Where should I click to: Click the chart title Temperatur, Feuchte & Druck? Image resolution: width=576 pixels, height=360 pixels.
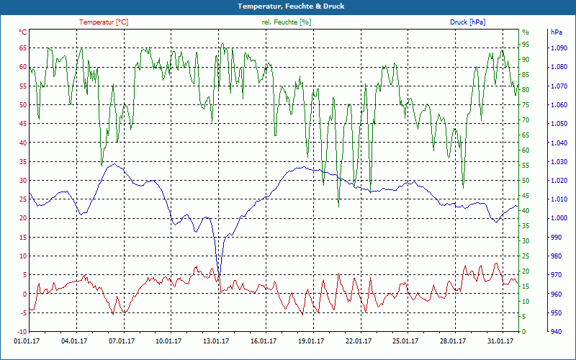point(287,6)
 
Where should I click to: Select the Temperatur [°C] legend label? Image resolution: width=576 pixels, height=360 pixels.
point(104,22)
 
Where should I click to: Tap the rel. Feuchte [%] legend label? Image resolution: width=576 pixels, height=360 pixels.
point(286,22)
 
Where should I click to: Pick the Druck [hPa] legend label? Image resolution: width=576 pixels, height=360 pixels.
point(467,22)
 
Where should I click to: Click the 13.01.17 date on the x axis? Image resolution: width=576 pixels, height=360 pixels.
point(217,342)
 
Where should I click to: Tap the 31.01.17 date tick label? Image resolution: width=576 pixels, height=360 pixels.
point(500,342)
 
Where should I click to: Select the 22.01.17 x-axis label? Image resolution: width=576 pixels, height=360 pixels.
point(359,342)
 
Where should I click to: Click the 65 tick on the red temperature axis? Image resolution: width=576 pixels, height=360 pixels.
point(23,48)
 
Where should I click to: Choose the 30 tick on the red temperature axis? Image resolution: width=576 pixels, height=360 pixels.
point(23,181)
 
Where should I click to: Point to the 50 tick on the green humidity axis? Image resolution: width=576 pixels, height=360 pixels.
point(526,181)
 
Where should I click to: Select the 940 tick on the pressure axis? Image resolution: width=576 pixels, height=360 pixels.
point(555,332)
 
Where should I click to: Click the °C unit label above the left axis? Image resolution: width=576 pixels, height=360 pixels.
point(23,32)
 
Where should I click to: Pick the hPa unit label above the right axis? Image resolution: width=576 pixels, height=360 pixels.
point(556,32)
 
